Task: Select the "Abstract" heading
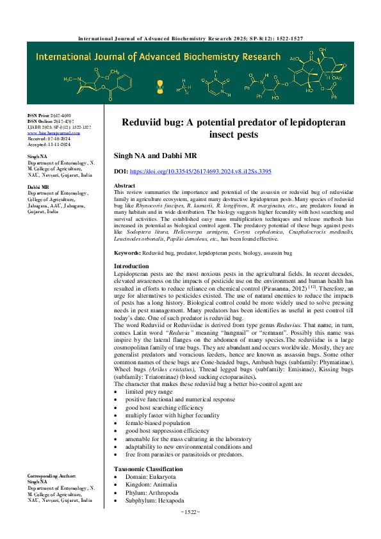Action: point(124,185)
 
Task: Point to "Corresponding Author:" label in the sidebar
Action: point(51,477)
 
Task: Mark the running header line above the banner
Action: point(190,38)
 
